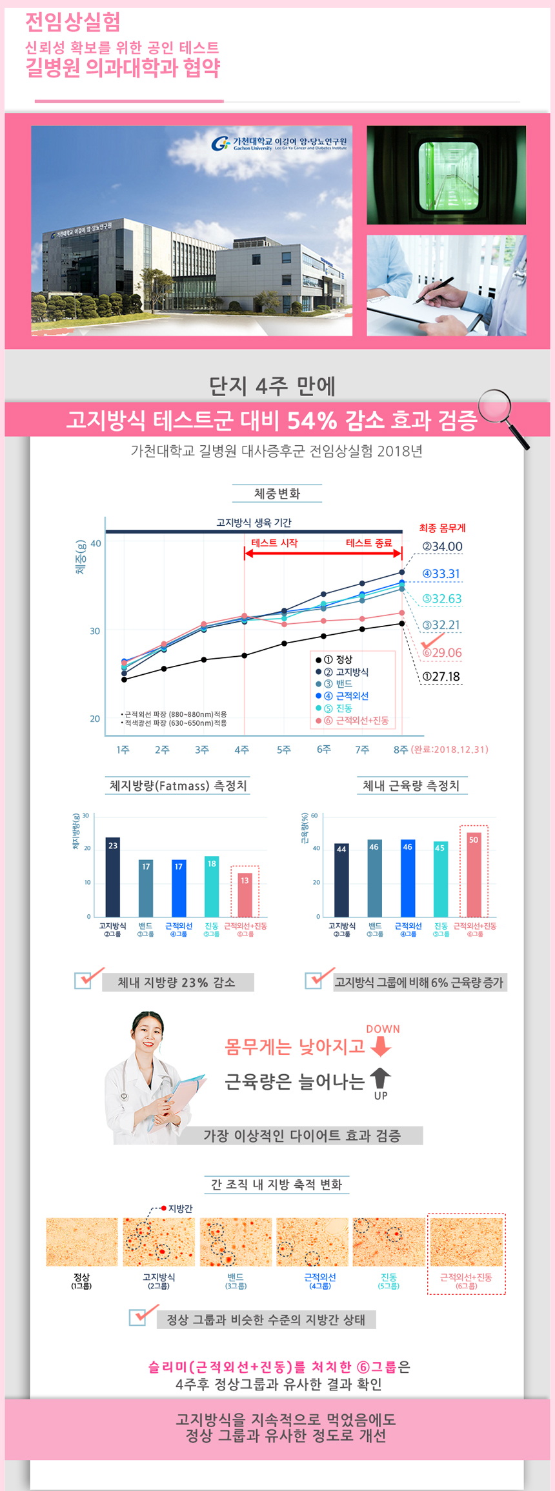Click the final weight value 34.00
click(x=442, y=546)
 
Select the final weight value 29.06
click(x=442, y=652)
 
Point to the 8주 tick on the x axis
click(x=401, y=749)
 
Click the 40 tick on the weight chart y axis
click(x=96, y=543)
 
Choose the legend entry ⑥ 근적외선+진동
click(x=356, y=720)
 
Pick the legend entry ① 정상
click(x=338, y=659)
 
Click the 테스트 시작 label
click(x=275, y=543)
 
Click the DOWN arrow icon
click(x=381, y=1046)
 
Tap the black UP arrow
click(x=381, y=1077)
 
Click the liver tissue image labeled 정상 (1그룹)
click(x=82, y=1241)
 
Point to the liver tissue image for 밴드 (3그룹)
click(x=236, y=1241)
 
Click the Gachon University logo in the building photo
click(x=221, y=143)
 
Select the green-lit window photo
click(x=447, y=175)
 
